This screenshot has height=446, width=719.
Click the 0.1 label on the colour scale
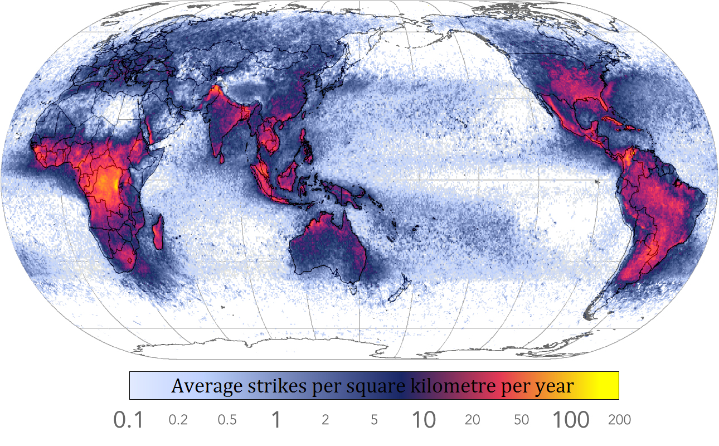point(129,420)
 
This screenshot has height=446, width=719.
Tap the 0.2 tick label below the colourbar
point(178,420)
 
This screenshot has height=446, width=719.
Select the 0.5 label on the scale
point(227,420)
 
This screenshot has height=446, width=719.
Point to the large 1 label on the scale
point(275,420)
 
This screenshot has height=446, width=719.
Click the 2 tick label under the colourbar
point(325,420)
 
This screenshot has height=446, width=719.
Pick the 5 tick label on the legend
point(374,420)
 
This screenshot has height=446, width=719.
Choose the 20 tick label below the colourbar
point(472,420)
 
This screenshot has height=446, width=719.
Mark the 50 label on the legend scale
point(521,420)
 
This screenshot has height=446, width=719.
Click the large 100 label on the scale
point(570,420)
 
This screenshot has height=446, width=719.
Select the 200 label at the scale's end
point(619,420)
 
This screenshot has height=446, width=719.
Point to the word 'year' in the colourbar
point(554,386)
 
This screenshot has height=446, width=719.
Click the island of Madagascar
point(158,233)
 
